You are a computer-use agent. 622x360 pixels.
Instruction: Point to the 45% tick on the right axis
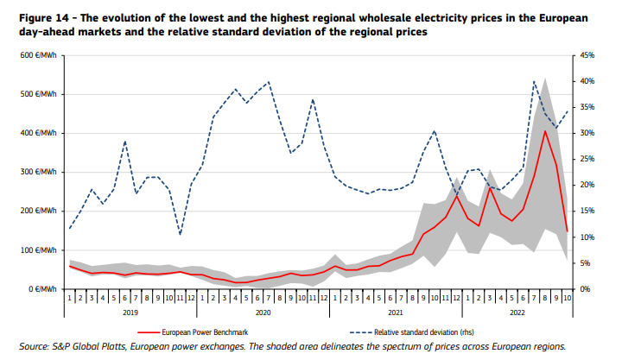pos(587,55)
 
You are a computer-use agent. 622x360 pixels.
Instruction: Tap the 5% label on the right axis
pos(585,263)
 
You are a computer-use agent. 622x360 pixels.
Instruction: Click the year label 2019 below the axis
pos(130,312)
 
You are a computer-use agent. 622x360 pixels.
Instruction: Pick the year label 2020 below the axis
pos(263,312)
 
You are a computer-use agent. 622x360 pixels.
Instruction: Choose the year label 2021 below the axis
pos(396,312)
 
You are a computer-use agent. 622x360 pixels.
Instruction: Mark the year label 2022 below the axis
pos(517,312)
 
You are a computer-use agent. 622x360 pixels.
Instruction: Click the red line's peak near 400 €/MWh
pos(545,130)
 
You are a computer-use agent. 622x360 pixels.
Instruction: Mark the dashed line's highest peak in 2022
pos(535,81)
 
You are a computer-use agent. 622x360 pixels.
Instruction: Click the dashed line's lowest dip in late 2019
pos(180,234)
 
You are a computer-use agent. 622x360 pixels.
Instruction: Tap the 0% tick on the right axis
pos(585,289)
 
